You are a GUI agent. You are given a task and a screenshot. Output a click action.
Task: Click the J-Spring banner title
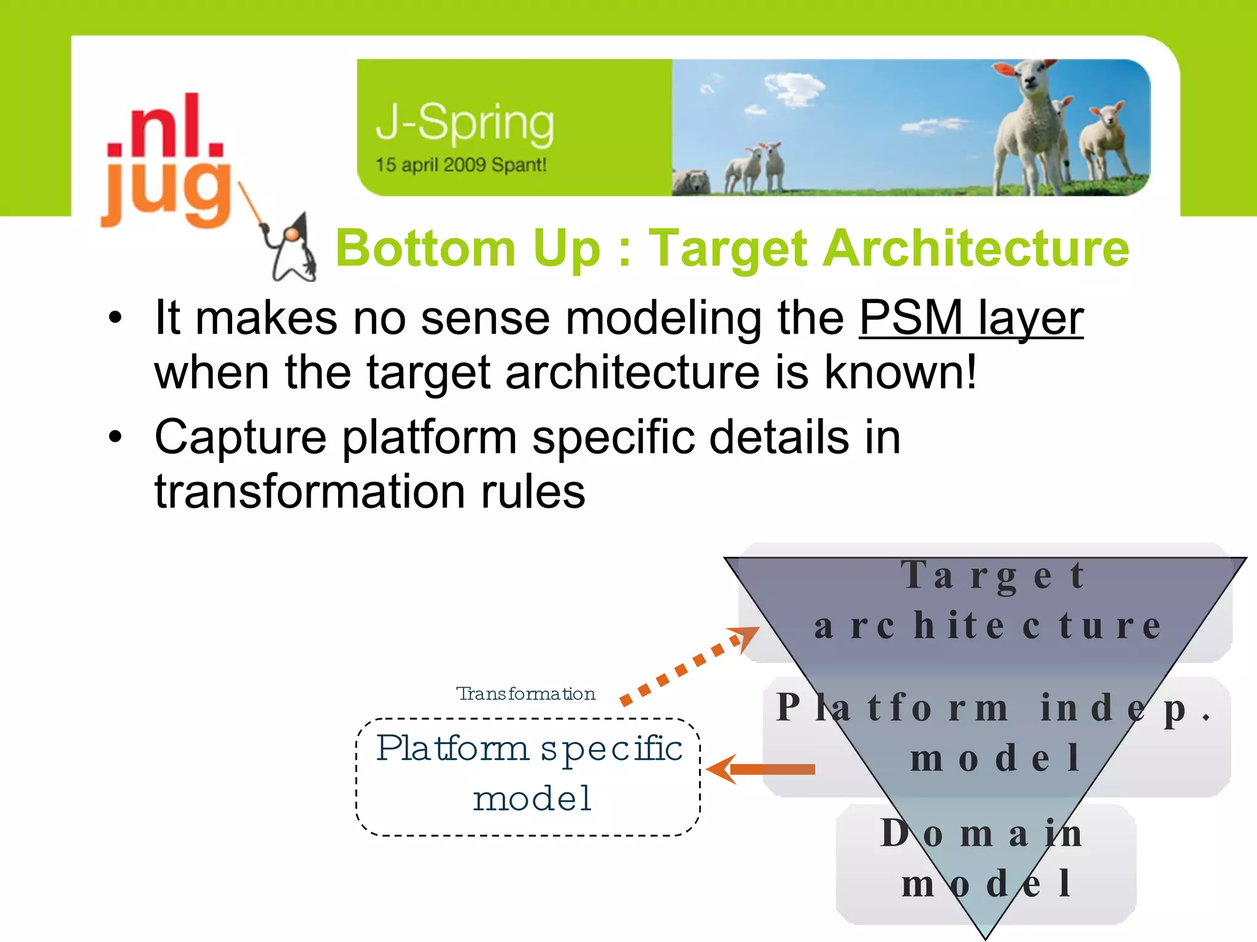click(465, 123)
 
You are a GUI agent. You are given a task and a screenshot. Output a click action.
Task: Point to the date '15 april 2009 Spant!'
click(460, 165)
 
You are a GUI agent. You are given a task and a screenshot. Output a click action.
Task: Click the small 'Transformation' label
click(526, 694)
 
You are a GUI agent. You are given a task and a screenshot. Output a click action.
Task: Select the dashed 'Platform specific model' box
click(528, 776)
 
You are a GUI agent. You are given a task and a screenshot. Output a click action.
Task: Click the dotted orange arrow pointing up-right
click(687, 665)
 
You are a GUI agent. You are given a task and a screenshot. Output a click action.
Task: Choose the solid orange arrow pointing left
click(761, 769)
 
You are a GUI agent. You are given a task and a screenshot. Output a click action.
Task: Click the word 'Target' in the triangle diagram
click(993, 576)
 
